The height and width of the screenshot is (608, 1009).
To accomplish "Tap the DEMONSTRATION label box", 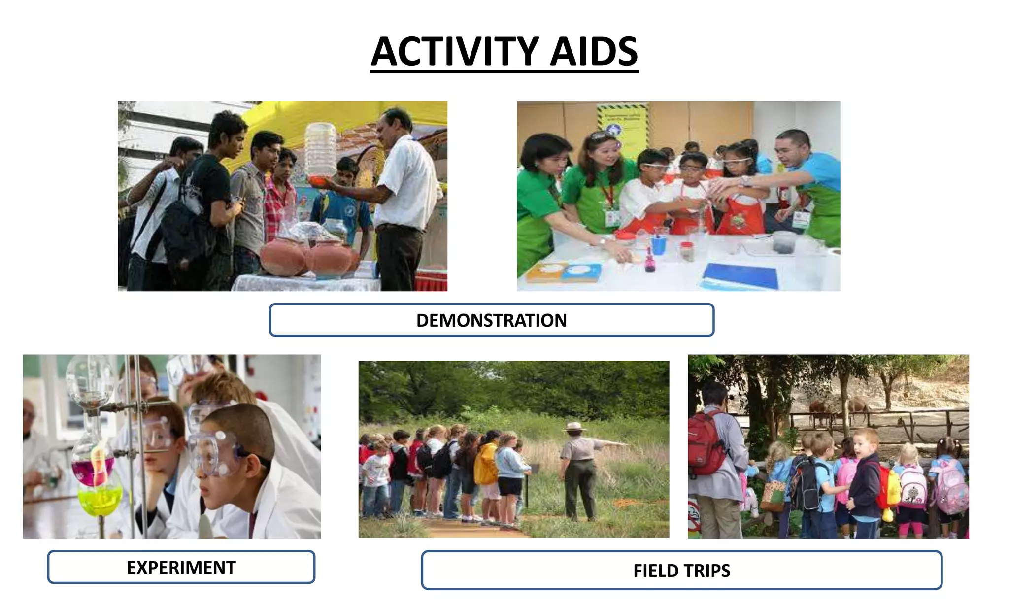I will tap(491, 320).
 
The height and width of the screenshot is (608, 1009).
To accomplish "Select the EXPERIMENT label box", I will tap(181, 567).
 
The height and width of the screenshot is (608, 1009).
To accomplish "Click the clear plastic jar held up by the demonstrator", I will tap(320, 150).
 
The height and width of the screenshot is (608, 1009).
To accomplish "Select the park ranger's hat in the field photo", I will tap(574, 426).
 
